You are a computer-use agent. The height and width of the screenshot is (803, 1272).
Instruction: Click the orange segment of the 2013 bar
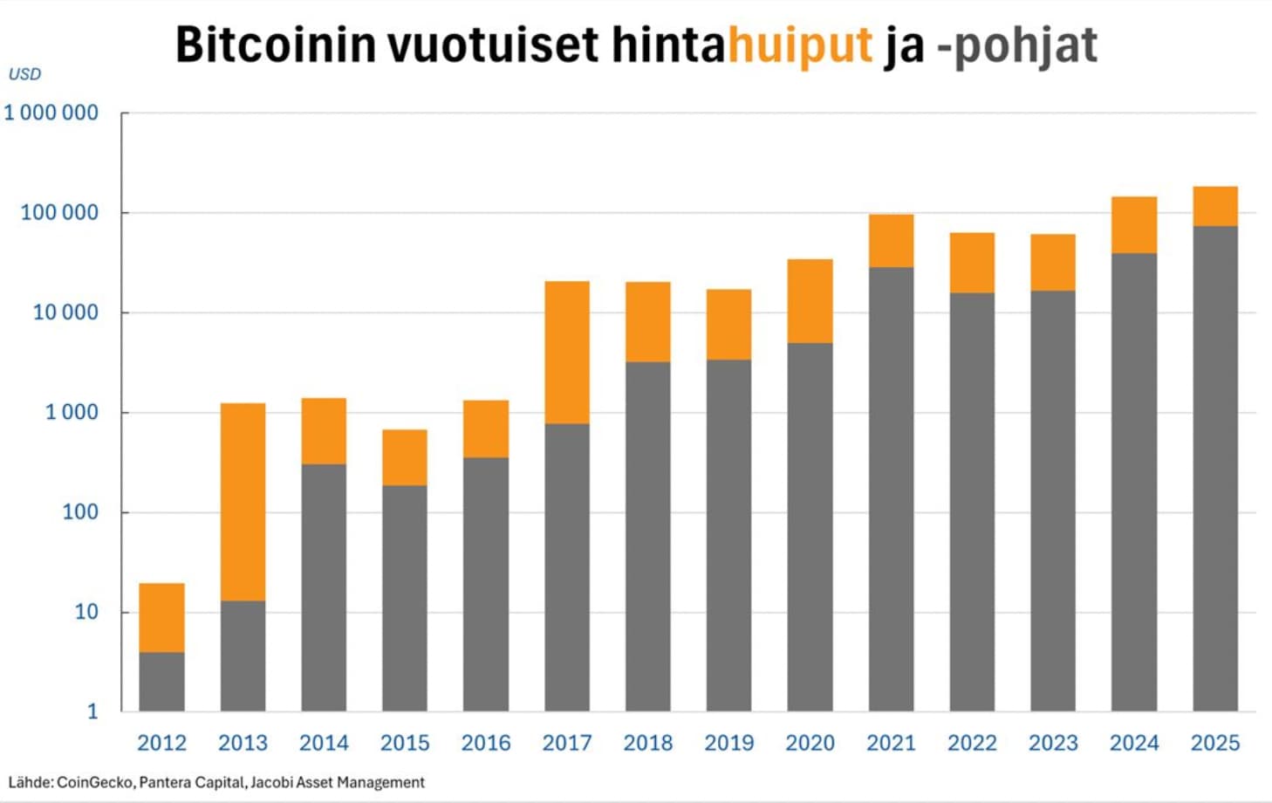point(243,502)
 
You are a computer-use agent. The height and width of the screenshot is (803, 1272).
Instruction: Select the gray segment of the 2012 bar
point(161,682)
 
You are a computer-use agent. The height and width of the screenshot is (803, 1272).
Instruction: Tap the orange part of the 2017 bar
point(566,353)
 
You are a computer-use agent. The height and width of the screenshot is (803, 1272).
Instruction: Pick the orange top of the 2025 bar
point(1214,206)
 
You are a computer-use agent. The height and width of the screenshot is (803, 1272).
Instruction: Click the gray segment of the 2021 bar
point(891,489)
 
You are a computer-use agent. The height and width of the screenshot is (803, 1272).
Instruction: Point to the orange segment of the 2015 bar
point(405,457)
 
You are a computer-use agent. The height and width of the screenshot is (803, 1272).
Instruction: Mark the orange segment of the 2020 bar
point(810,301)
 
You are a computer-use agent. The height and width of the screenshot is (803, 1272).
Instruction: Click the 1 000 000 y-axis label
point(51,113)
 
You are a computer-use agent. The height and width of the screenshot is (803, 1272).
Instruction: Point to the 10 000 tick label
point(65,312)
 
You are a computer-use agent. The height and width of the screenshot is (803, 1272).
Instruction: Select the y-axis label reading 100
point(80,512)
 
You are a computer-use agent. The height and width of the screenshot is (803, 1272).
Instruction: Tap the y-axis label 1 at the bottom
point(92,712)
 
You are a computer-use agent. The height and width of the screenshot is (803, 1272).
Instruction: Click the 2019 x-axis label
point(728,744)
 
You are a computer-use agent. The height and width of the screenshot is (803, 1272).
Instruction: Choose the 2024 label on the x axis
point(1133,744)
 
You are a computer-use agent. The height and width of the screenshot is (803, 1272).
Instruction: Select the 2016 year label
point(486,744)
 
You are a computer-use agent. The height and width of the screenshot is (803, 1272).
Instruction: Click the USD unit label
point(24,75)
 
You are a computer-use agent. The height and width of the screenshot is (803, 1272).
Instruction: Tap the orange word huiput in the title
point(800,45)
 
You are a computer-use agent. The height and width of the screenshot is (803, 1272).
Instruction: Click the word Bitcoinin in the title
point(275,45)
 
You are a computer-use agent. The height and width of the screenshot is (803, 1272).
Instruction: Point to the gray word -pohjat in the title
point(1016,45)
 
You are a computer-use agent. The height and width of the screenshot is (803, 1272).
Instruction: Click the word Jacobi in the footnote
point(271,783)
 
